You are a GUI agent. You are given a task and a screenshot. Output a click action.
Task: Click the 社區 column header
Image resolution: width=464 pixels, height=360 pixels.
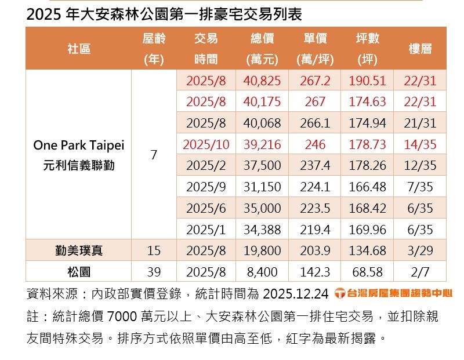pyautogui.click(x=79, y=49)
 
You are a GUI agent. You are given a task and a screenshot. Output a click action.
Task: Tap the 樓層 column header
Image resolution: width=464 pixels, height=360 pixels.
pyautogui.click(x=420, y=49)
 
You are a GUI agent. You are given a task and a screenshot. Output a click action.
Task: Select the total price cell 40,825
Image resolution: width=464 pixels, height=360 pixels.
pyautogui.click(x=262, y=81)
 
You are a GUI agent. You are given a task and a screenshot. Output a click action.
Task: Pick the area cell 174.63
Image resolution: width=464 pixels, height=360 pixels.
pyautogui.click(x=367, y=102)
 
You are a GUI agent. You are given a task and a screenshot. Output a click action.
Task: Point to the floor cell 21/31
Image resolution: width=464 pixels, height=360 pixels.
pyautogui.click(x=420, y=123)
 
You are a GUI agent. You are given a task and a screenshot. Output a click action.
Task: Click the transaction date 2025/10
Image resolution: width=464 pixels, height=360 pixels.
pyautogui.click(x=206, y=144)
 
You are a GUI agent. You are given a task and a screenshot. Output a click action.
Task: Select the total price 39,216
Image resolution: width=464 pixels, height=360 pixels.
pyautogui.click(x=262, y=144)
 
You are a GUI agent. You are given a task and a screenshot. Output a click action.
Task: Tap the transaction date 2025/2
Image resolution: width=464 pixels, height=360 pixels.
pyautogui.click(x=206, y=166)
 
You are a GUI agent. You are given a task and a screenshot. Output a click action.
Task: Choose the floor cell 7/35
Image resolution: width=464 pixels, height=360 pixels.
pyautogui.click(x=420, y=187)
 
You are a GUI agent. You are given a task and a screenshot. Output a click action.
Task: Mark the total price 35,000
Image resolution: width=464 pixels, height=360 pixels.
pyautogui.click(x=262, y=208)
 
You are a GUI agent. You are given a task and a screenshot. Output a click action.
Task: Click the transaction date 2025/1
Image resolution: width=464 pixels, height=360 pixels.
pyautogui.click(x=206, y=230)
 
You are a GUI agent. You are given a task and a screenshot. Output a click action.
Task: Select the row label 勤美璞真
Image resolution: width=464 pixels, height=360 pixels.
pyautogui.click(x=79, y=250)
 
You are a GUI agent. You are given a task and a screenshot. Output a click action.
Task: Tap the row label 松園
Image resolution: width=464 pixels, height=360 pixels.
pyautogui.click(x=79, y=271)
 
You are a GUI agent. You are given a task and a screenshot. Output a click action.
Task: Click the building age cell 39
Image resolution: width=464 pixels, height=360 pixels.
pyautogui.click(x=154, y=271)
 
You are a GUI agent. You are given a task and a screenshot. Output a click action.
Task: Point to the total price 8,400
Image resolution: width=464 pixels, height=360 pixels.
pyautogui.click(x=262, y=271)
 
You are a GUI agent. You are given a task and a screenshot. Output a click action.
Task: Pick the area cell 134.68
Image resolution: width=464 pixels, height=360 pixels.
pyautogui.click(x=367, y=250)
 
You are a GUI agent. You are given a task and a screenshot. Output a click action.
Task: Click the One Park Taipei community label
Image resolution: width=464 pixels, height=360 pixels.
pyautogui.click(x=79, y=145)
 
